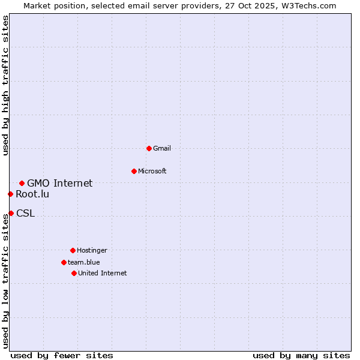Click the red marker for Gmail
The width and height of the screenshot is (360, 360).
pos(149,148)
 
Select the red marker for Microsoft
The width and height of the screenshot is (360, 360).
pos(134,171)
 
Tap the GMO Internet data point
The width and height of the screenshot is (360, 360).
pos(22,183)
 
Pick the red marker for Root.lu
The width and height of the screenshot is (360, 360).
pos(10,194)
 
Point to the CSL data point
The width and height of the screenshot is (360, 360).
pos(11,213)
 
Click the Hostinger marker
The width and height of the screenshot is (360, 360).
pos(73,250)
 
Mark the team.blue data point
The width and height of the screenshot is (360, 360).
pos(64,262)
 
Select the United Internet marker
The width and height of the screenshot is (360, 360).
pos(74,273)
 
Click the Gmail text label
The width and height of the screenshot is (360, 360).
pos(162,148)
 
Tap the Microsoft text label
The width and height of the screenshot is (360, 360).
pos(152,171)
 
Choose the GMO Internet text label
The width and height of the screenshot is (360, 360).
pos(60,183)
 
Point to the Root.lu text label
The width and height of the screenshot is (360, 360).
pos(33,194)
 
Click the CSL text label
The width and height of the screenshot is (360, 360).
pos(26,213)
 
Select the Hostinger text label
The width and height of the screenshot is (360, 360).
pos(92,250)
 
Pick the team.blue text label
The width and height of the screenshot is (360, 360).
pos(84,262)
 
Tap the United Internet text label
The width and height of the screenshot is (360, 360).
pos(103,273)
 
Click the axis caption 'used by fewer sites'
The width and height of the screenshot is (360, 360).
pos(62,355)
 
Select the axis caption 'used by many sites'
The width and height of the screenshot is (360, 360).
pos(301,355)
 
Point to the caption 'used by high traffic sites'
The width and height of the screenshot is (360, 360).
pos(5,85)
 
